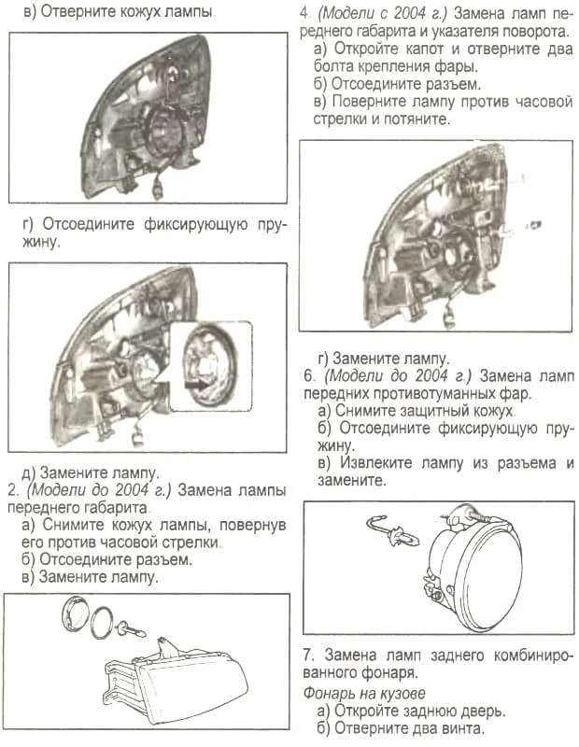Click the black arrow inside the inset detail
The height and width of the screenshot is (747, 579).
pos(197,382)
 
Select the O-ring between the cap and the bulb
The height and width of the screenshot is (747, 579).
pos(106,620)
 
